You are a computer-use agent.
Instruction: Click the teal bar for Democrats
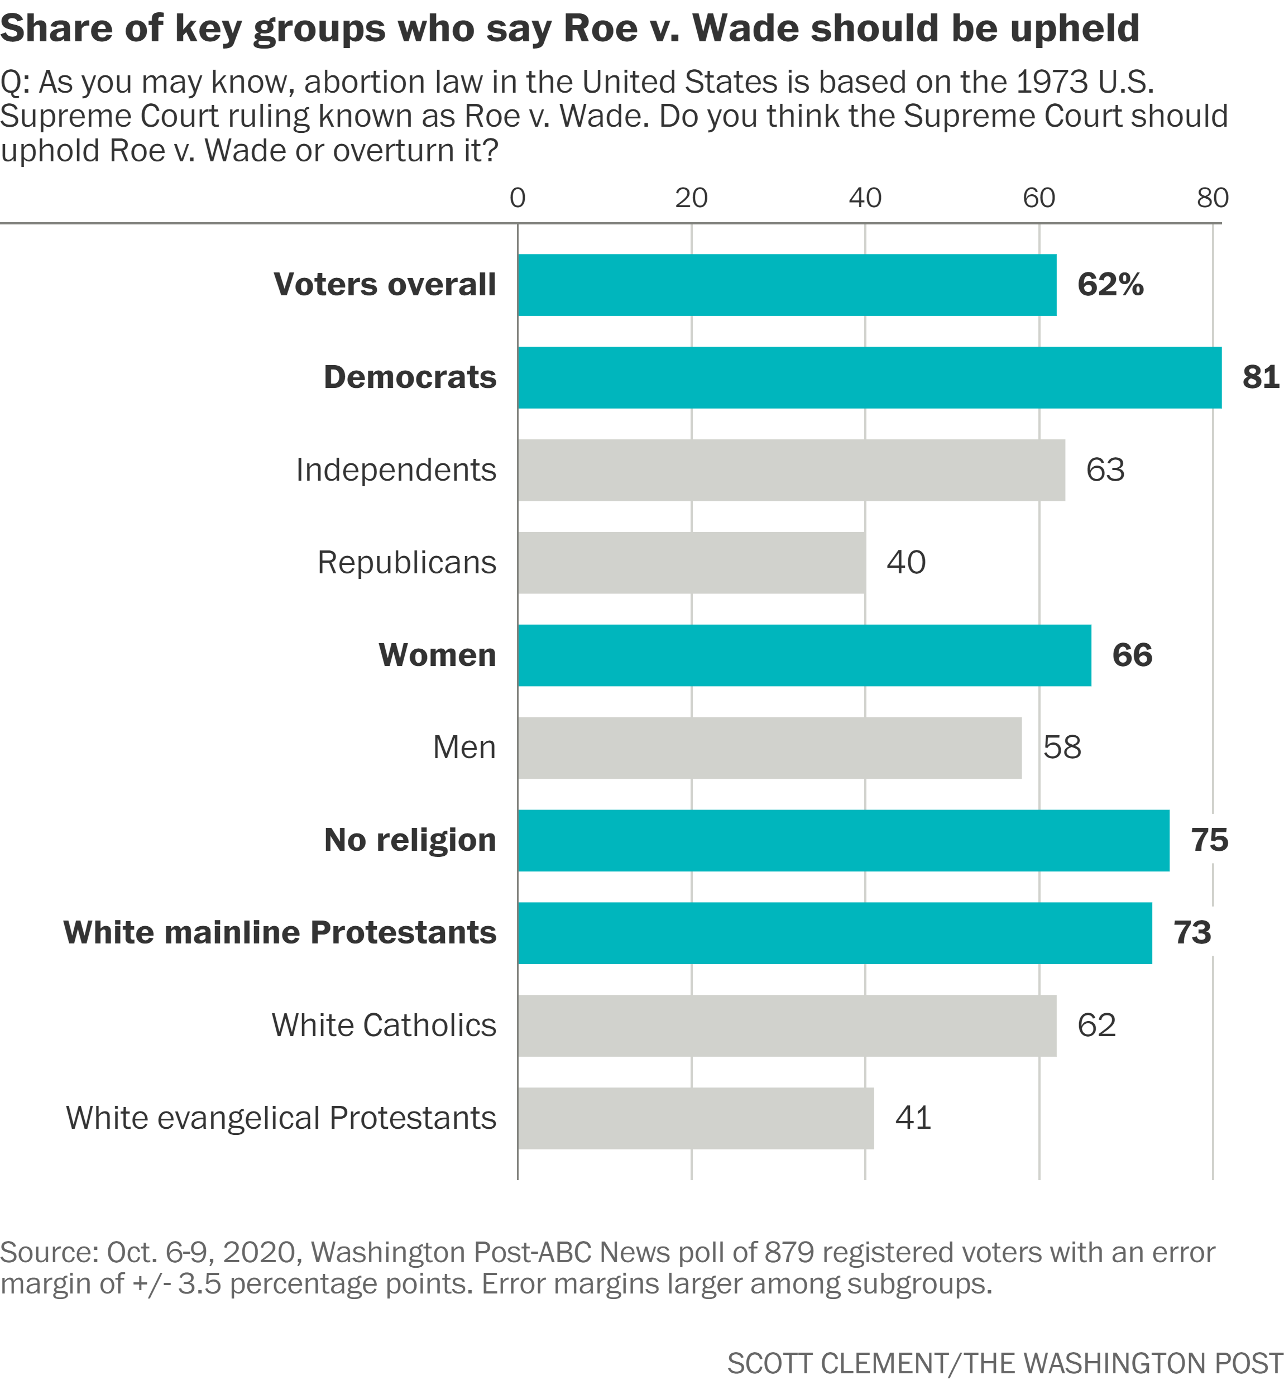click(x=869, y=377)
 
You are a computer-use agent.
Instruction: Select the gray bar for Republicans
click(x=691, y=563)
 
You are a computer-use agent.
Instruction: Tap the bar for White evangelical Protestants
click(x=696, y=1118)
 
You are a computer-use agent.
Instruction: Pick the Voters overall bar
click(x=787, y=285)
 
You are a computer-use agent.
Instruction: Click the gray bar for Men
click(x=769, y=748)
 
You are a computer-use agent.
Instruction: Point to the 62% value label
click(x=1110, y=285)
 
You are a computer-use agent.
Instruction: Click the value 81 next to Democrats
click(x=1261, y=377)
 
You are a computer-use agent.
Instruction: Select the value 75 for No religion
click(x=1209, y=840)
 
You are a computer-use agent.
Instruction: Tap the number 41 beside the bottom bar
click(x=913, y=1118)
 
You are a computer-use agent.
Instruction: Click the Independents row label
click(x=396, y=470)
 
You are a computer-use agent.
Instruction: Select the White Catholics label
click(x=384, y=1026)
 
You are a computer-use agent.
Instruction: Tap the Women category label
click(x=437, y=655)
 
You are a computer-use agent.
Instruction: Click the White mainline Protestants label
click(x=280, y=932)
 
